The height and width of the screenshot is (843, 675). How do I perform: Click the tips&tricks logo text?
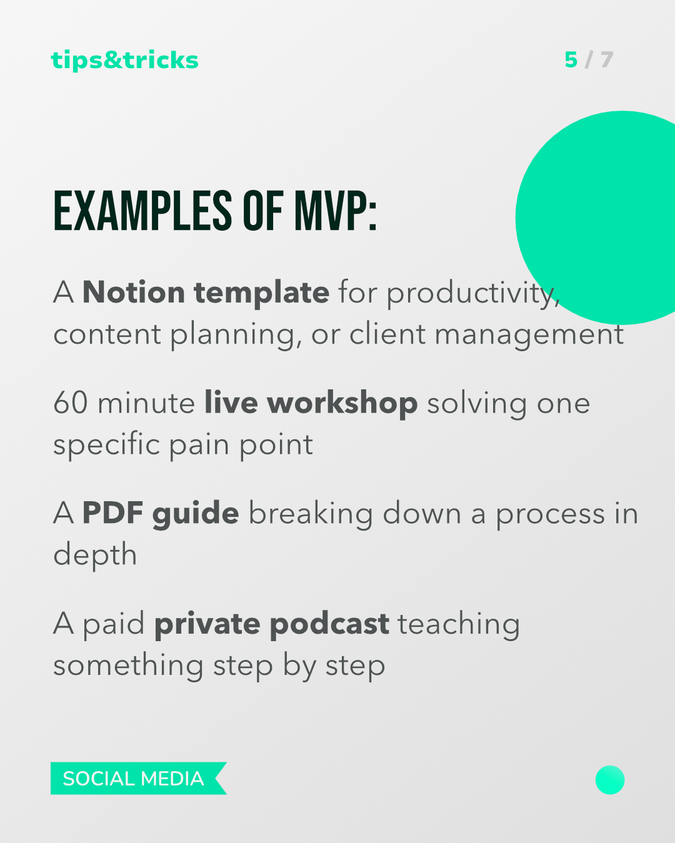[x=124, y=61]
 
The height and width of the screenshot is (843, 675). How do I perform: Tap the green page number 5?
[x=571, y=60]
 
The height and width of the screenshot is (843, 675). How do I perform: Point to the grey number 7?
[x=606, y=60]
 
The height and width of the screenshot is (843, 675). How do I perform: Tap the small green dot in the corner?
[x=610, y=780]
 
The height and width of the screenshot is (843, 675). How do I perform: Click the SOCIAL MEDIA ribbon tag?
[x=139, y=779]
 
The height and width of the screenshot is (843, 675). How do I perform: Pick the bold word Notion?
[x=134, y=292]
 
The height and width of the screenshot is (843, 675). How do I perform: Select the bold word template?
[x=262, y=294]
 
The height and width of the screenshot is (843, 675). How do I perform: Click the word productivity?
[x=473, y=294]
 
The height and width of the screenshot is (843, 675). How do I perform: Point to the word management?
[x=529, y=336]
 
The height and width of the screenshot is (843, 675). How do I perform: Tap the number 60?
[x=71, y=402]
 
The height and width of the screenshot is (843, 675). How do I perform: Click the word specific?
[x=106, y=445]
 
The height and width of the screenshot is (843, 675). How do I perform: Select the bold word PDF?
[x=113, y=512]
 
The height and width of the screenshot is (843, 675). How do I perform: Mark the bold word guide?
[x=196, y=514]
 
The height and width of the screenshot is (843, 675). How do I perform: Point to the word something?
[x=129, y=667]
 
